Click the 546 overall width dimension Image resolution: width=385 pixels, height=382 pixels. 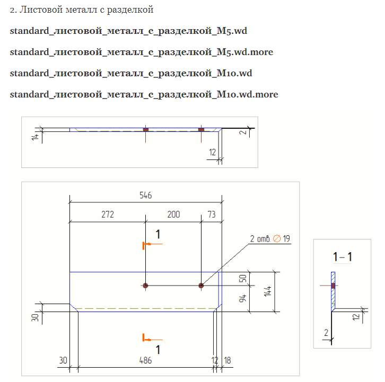tap(146, 195)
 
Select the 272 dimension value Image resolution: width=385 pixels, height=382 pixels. tap(107, 215)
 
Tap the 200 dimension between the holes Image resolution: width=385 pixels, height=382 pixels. tap(173, 215)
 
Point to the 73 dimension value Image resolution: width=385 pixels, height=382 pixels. tap(212, 215)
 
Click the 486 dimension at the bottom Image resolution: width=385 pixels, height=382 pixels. tap(145, 360)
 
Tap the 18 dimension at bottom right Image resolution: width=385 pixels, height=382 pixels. tap(227, 360)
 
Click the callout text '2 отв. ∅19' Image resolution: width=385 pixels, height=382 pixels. tap(270, 239)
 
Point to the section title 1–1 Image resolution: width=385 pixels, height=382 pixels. tap(342, 257)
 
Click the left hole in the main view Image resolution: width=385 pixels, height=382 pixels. tap(145, 286)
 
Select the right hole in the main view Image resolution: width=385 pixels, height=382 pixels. tap(201, 286)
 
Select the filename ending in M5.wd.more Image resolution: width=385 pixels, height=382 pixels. tap(142, 52)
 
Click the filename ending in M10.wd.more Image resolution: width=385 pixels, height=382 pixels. tap(144, 94)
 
